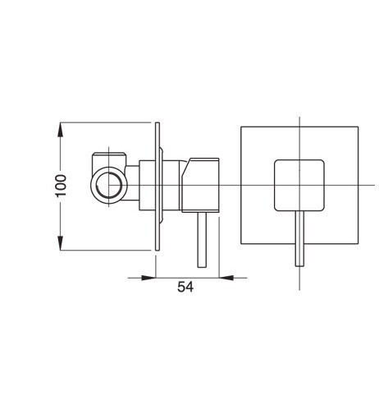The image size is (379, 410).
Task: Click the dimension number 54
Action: click(x=185, y=287)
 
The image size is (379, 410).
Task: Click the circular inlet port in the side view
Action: click(x=106, y=186)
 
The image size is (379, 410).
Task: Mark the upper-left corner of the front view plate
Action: click(x=239, y=127)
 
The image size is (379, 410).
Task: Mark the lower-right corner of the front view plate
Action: click(x=359, y=246)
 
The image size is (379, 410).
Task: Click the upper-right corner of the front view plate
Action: click(x=359, y=127)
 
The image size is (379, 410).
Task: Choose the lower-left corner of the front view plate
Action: click(x=239, y=246)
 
